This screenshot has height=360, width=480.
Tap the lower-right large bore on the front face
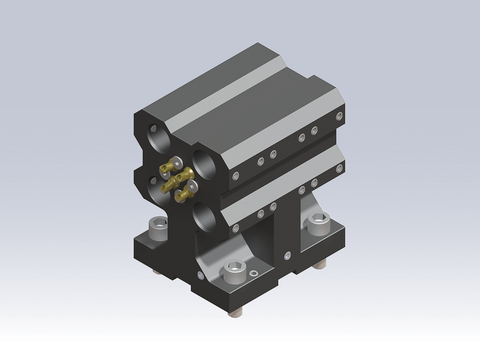coord(208,213)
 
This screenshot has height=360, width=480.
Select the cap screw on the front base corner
coord(236,270)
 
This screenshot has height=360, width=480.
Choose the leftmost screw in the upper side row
coord(236,174)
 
